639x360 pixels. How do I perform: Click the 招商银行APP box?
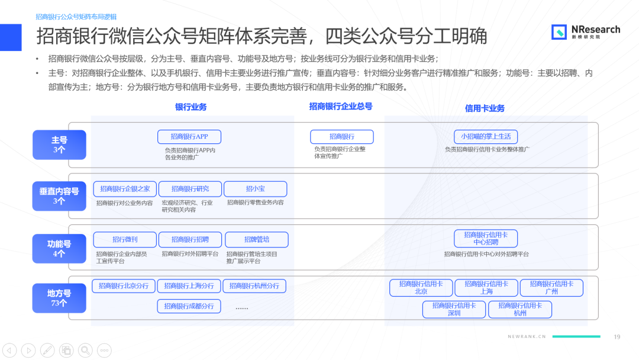[189, 137]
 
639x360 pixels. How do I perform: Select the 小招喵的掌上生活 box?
[485, 137]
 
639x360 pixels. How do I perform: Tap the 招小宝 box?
[255, 189]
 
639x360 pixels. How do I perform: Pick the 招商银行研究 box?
[190, 189]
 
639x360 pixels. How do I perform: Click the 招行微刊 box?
[125, 239]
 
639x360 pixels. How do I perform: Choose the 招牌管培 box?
[256, 239]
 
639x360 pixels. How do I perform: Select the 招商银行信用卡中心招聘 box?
[486, 239]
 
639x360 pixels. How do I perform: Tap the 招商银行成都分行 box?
[189, 306]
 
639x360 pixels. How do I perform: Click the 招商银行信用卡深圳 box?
[454, 310]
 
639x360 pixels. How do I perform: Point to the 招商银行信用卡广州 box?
[551, 288]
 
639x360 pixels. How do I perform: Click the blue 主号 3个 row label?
[59, 144]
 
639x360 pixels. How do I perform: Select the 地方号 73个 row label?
[59, 298]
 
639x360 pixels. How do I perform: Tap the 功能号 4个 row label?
[59, 249]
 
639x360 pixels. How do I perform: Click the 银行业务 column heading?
[191, 107]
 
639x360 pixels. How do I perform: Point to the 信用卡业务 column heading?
[485, 108]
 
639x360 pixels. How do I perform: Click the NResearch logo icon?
[559, 32]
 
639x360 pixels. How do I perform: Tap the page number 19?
[617, 337]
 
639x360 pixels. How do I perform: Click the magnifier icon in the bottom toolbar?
[85, 350]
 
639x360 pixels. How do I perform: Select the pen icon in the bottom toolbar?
[47, 350]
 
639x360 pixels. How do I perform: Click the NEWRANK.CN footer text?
[527, 337]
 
